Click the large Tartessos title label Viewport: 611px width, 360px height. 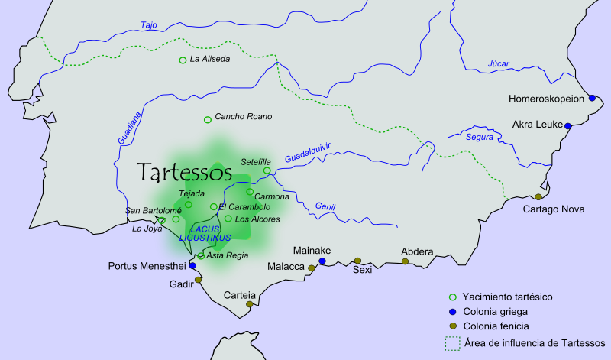click(184, 172)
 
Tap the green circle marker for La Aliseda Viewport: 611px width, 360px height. click(183, 60)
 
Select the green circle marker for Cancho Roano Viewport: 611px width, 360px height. click(207, 119)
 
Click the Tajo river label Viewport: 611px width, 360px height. click(150, 25)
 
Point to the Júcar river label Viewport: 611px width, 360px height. click(499, 63)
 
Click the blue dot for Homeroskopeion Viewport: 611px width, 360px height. click(592, 98)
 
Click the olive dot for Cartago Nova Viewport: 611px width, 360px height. click(538, 196)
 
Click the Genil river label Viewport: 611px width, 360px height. click(325, 206)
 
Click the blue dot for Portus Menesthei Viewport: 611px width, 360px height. click(192, 266)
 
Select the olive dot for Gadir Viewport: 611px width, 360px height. click(199, 280)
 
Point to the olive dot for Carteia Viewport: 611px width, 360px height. click(249, 304)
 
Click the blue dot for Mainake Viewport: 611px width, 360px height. click(322, 261)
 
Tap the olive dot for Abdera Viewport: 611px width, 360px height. click(406, 261)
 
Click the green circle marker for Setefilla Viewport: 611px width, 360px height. click(267, 170)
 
